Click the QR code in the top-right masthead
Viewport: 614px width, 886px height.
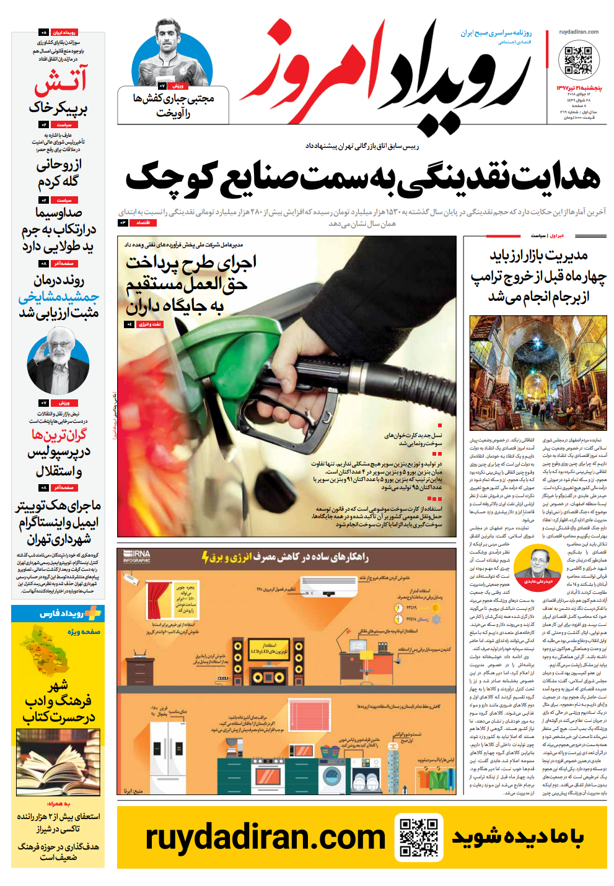click(x=579, y=60)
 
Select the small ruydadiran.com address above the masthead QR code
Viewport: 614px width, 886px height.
click(x=579, y=32)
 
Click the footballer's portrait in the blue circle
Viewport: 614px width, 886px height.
click(x=172, y=54)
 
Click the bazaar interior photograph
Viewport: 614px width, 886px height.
click(x=538, y=372)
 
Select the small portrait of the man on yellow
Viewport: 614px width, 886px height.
click(x=538, y=563)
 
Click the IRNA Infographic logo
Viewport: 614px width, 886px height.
click(x=136, y=556)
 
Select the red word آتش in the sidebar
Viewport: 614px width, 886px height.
click(x=61, y=80)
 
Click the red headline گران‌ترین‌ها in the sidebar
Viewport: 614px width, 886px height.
click(x=59, y=435)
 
